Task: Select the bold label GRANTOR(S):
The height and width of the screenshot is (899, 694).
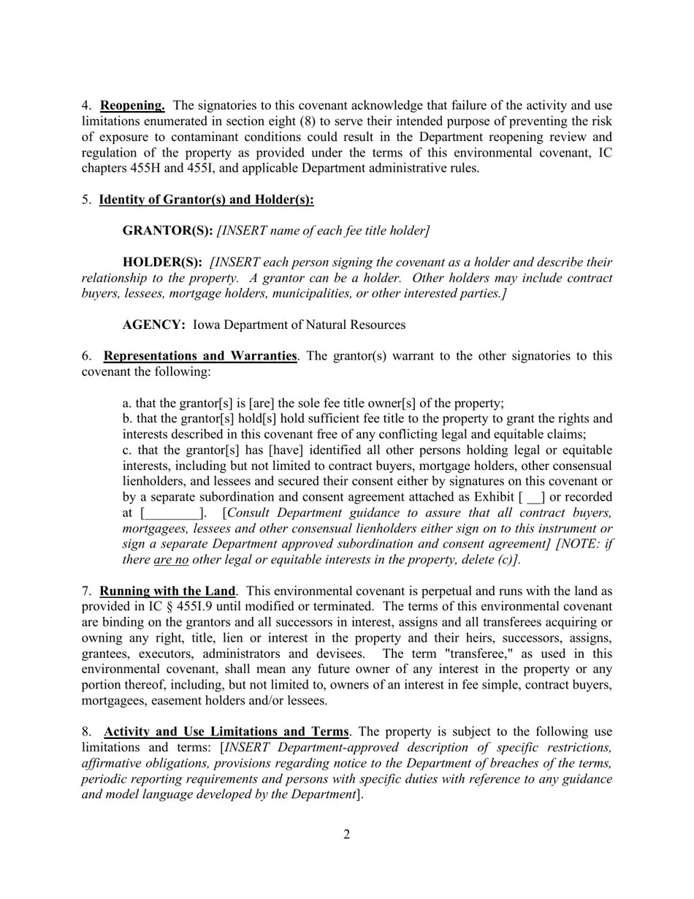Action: click(x=167, y=230)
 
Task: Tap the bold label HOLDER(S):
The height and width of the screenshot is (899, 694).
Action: click(x=162, y=262)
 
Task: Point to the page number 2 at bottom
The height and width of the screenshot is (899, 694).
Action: click(x=346, y=835)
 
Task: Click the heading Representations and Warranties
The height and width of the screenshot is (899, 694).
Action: click(x=199, y=356)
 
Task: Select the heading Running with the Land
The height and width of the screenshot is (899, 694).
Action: click(x=167, y=591)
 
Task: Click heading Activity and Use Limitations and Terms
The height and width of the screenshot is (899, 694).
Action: click(x=226, y=732)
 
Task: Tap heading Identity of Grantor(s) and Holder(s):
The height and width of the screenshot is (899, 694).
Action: click(x=206, y=200)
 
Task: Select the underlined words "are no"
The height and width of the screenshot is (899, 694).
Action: click(x=171, y=560)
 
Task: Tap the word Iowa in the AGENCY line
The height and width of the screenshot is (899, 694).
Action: click(x=208, y=325)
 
